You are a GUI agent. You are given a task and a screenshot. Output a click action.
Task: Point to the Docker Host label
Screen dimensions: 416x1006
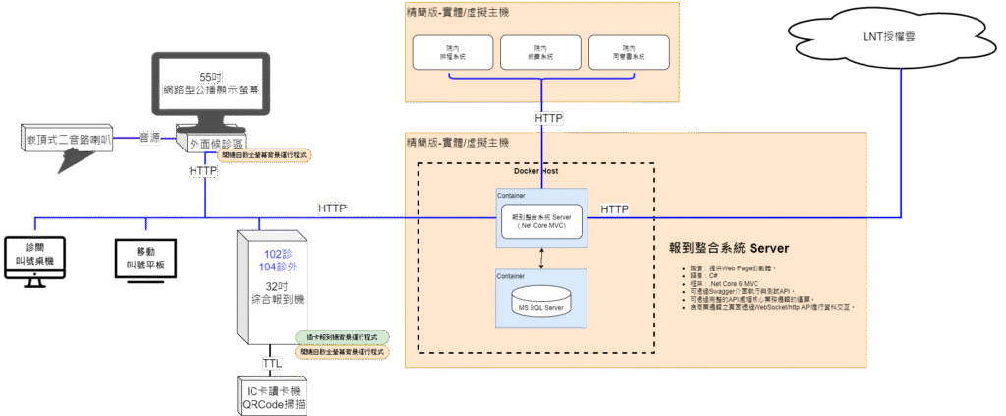click(x=536, y=171)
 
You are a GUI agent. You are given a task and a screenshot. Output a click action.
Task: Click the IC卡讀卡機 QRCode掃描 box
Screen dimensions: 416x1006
click(x=272, y=395)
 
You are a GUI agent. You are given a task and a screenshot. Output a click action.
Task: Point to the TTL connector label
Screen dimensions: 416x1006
click(x=272, y=363)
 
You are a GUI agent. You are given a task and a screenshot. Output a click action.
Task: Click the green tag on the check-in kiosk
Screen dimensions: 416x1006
click(x=342, y=337)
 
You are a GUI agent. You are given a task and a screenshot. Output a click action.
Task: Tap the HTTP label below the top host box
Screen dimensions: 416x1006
click(x=548, y=118)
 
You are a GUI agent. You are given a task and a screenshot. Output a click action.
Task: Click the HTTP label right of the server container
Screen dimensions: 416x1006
click(x=615, y=209)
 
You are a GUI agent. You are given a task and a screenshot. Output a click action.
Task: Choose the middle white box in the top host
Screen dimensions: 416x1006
click(x=540, y=52)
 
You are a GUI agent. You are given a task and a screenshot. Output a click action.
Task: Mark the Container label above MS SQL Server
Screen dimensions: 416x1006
click(x=510, y=276)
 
